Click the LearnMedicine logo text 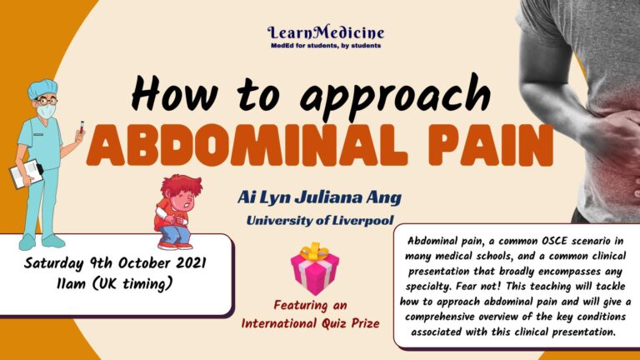coord(326,33)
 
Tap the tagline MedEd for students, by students coord(326,47)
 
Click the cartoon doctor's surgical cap coord(42,87)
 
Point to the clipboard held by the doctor coord(23,172)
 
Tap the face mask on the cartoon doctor coord(47,111)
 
